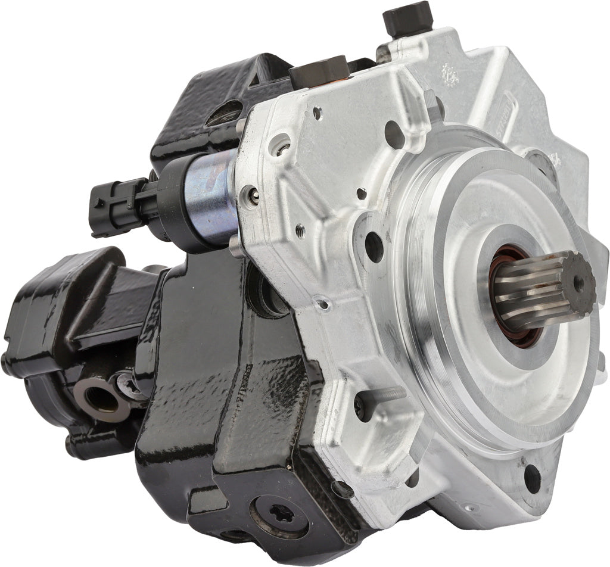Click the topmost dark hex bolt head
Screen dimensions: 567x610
point(408,17)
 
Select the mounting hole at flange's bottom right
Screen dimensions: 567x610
point(532,479)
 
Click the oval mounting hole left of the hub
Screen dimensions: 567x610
point(374,246)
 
